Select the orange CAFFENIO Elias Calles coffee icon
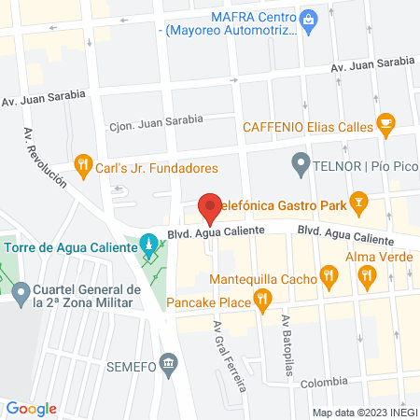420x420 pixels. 385,122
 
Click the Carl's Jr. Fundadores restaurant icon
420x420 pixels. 84,168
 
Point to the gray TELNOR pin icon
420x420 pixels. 301,167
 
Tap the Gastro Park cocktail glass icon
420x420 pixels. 357,203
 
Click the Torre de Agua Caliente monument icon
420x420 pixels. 147,246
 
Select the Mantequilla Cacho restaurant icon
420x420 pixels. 328,275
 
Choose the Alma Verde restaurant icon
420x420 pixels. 368,275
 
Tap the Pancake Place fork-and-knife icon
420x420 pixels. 264,301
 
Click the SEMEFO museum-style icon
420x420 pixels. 168,362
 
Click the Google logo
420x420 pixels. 32,408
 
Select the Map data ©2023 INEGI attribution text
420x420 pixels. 364,412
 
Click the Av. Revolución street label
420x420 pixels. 45,155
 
